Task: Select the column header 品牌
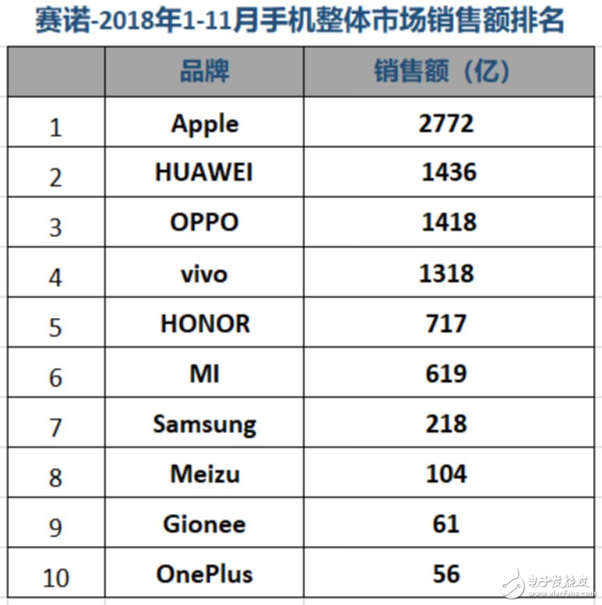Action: click(204, 72)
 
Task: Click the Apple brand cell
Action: click(204, 123)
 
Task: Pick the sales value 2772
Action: click(446, 123)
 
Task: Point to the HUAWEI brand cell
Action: click(204, 172)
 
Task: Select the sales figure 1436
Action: click(448, 172)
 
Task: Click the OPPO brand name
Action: click(204, 223)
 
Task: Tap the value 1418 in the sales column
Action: click(448, 223)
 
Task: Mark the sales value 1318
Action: click(446, 273)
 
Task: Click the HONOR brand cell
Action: click(205, 323)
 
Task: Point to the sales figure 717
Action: click(446, 323)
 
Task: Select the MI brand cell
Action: click(204, 373)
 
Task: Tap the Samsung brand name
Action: click(204, 424)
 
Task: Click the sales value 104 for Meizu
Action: click(446, 474)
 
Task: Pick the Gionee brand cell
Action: click(204, 524)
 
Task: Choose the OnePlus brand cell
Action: click(204, 574)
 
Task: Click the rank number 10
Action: click(55, 577)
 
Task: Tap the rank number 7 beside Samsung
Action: click(56, 427)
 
